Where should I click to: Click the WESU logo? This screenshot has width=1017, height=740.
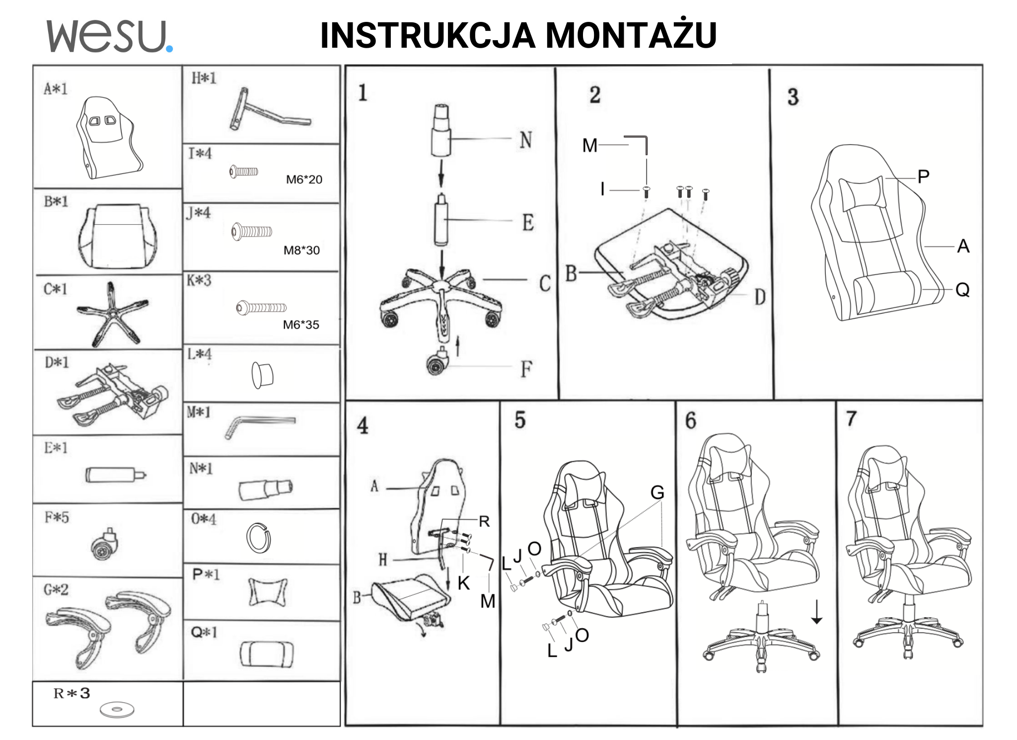pos(109,36)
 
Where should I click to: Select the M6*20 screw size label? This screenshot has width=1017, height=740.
pos(304,179)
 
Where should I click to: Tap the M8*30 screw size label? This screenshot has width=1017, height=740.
pos(301,250)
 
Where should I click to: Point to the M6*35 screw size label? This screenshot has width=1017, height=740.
pos(301,325)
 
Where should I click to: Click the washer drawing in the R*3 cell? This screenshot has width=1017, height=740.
pos(117,710)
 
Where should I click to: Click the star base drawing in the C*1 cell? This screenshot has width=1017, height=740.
pos(112,314)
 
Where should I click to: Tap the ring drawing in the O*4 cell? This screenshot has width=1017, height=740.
pos(258,538)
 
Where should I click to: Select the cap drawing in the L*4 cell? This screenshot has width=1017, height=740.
pos(262,375)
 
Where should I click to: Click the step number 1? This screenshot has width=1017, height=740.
pos(363,93)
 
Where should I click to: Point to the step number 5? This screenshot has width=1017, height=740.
pos(520,420)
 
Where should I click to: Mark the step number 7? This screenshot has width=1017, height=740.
pos(851,418)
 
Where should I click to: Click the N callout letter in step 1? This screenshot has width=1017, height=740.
pos(526,140)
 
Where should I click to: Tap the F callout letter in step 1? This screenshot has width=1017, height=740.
pos(526,369)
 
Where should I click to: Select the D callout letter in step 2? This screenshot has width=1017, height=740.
pos(760,297)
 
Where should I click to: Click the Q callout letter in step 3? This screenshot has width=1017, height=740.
pos(962,289)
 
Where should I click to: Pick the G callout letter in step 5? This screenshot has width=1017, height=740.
pos(657,493)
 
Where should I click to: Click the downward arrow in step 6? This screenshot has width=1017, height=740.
pos(816,612)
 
